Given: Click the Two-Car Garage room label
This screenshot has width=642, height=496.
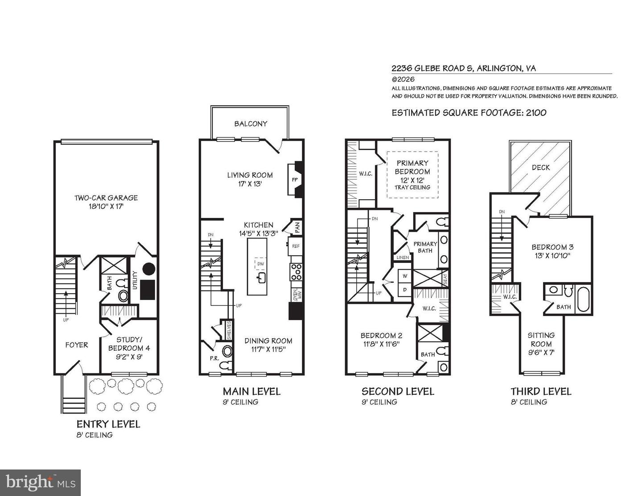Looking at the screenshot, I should coord(106,198).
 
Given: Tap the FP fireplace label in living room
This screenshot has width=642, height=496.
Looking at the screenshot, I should coord(295,180).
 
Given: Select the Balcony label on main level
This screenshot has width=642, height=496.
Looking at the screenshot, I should coord(251,124).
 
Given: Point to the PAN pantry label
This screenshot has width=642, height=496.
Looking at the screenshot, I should coord(297,227).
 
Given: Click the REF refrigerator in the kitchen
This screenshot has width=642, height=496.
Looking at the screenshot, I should coord(296,246).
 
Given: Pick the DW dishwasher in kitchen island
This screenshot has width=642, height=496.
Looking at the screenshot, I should coord(260,263).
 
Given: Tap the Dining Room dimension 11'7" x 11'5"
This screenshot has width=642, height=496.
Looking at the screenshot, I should coord(268,350).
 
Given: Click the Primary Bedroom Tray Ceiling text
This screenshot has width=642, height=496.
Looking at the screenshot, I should coord(412,187).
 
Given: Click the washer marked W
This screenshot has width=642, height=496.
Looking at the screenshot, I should coord(405,276).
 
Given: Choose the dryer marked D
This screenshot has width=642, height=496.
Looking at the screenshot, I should coord(405,290).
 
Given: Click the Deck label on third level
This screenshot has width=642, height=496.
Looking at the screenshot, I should coord(541,168).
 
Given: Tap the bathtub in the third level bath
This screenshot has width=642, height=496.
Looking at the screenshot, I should coord(584,299).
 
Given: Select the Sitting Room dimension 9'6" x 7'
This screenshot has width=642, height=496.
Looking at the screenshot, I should coord(541,353).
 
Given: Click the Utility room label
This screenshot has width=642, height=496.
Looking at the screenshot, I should coord(135,280).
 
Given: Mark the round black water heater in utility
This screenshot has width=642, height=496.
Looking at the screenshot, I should coord(148,269).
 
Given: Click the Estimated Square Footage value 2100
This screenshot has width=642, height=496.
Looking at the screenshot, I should coord(536,113).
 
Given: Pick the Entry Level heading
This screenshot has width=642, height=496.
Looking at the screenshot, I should coord(108,424).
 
